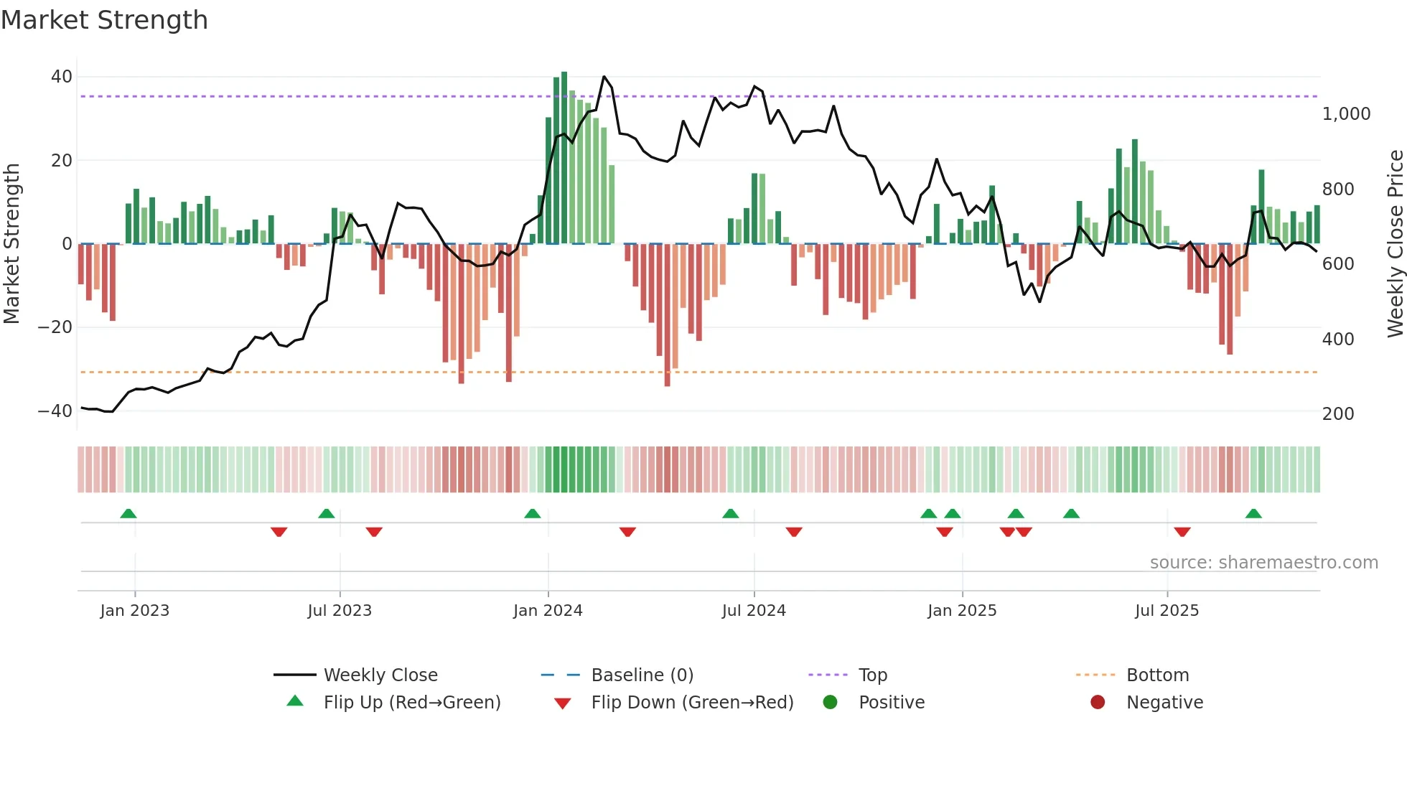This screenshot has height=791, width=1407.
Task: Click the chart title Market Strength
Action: tap(104, 20)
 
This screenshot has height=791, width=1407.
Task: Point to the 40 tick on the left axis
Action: tap(62, 77)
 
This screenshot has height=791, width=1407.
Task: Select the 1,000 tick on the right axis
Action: tap(1346, 114)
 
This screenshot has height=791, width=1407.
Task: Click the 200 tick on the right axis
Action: tap(1337, 414)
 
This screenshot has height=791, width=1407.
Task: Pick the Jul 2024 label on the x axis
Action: tap(754, 611)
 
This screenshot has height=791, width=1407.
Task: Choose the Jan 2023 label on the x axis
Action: tap(135, 611)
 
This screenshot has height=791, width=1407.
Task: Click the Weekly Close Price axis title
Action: tap(1395, 244)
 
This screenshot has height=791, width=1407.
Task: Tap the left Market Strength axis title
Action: tap(11, 244)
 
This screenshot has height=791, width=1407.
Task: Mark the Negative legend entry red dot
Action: tap(1098, 703)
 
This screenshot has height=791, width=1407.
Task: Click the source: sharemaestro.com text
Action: tap(1263, 563)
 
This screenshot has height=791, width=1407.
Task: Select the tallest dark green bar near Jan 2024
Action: tap(564, 158)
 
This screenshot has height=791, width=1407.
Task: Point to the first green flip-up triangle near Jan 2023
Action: tap(128, 514)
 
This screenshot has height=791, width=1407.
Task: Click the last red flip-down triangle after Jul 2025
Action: tap(1182, 532)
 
